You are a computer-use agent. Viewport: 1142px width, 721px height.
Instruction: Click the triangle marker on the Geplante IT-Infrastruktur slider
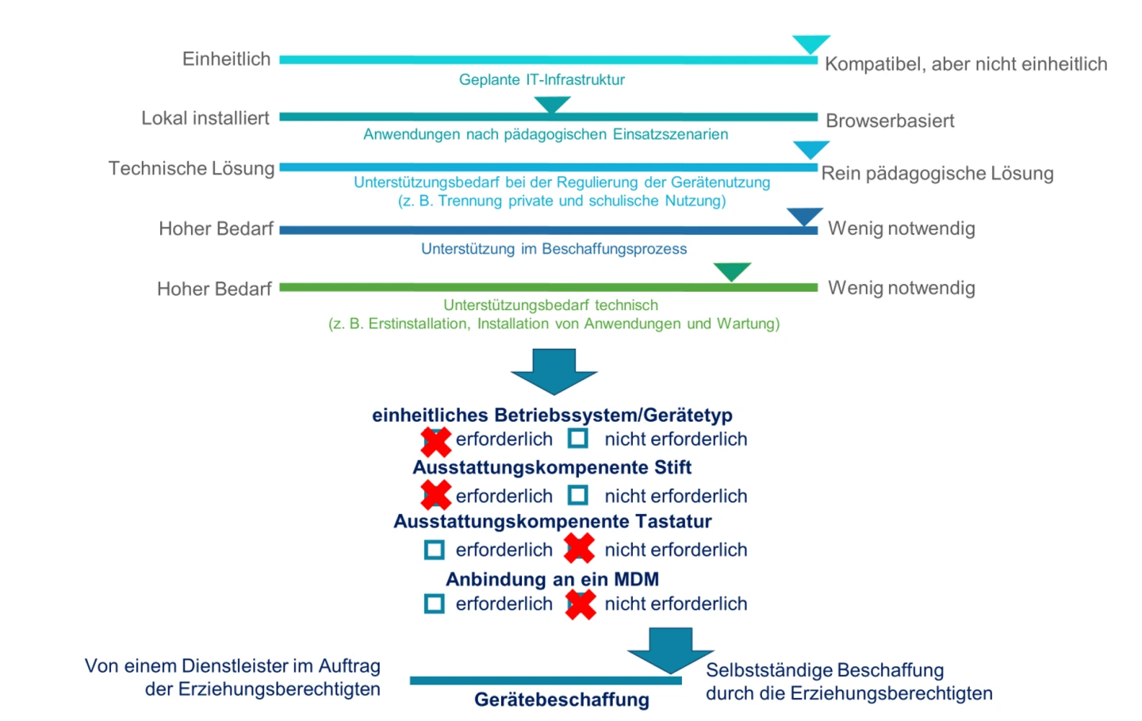pos(811,44)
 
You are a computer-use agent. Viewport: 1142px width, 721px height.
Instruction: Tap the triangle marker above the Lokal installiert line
pos(552,104)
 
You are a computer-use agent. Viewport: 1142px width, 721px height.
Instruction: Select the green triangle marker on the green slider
pos(731,271)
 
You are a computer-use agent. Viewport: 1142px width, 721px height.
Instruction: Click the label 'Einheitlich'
pos(227,59)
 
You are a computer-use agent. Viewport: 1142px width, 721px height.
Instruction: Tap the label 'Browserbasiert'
pos(890,121)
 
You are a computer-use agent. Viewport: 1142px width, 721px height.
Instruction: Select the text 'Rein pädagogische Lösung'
pos(937,173)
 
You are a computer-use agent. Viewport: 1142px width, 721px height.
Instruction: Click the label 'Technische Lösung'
pos(191,168)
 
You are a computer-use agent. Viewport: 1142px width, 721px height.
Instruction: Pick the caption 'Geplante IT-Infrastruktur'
pos(542,79)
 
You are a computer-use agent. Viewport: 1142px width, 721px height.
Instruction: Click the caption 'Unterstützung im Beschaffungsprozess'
pos(554,248)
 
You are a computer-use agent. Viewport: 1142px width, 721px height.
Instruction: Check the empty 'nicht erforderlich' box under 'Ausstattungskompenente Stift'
pos(578,496)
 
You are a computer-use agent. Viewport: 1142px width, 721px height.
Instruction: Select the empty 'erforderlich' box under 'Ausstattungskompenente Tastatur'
pos(435,550)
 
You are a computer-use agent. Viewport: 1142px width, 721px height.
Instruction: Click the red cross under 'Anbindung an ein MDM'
pos(581,604)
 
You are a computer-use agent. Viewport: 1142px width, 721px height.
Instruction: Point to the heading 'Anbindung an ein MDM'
pos(552,579)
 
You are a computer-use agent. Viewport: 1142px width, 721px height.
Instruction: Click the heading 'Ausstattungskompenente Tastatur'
pos(552,521)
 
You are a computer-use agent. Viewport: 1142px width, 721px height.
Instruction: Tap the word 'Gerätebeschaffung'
pos(561,700)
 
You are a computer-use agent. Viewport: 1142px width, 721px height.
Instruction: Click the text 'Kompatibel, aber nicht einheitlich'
pos(965,64)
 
